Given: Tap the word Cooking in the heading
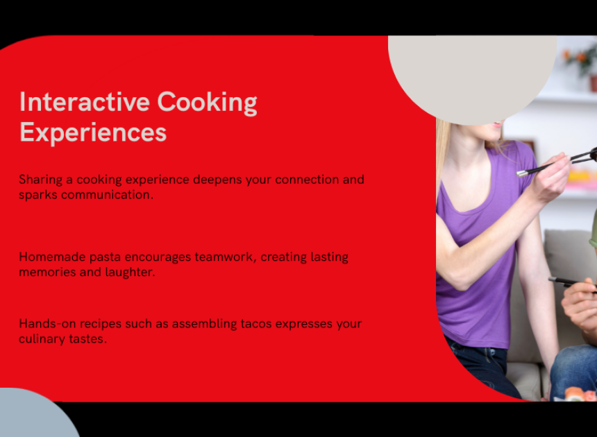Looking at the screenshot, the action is click(207, 103).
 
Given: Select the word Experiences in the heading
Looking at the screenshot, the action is click(93, 133).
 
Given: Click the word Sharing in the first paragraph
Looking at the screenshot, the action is click(41, 180).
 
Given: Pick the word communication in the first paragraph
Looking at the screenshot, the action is click(107, 195).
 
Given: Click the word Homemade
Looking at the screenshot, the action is click(52, 257).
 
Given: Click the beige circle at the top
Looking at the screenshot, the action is click(472, 72).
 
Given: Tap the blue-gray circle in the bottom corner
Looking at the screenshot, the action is click(34, 415).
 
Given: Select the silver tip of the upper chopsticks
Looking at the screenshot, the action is click(522, 173).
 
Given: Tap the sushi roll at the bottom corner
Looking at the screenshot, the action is click(580, 394).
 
